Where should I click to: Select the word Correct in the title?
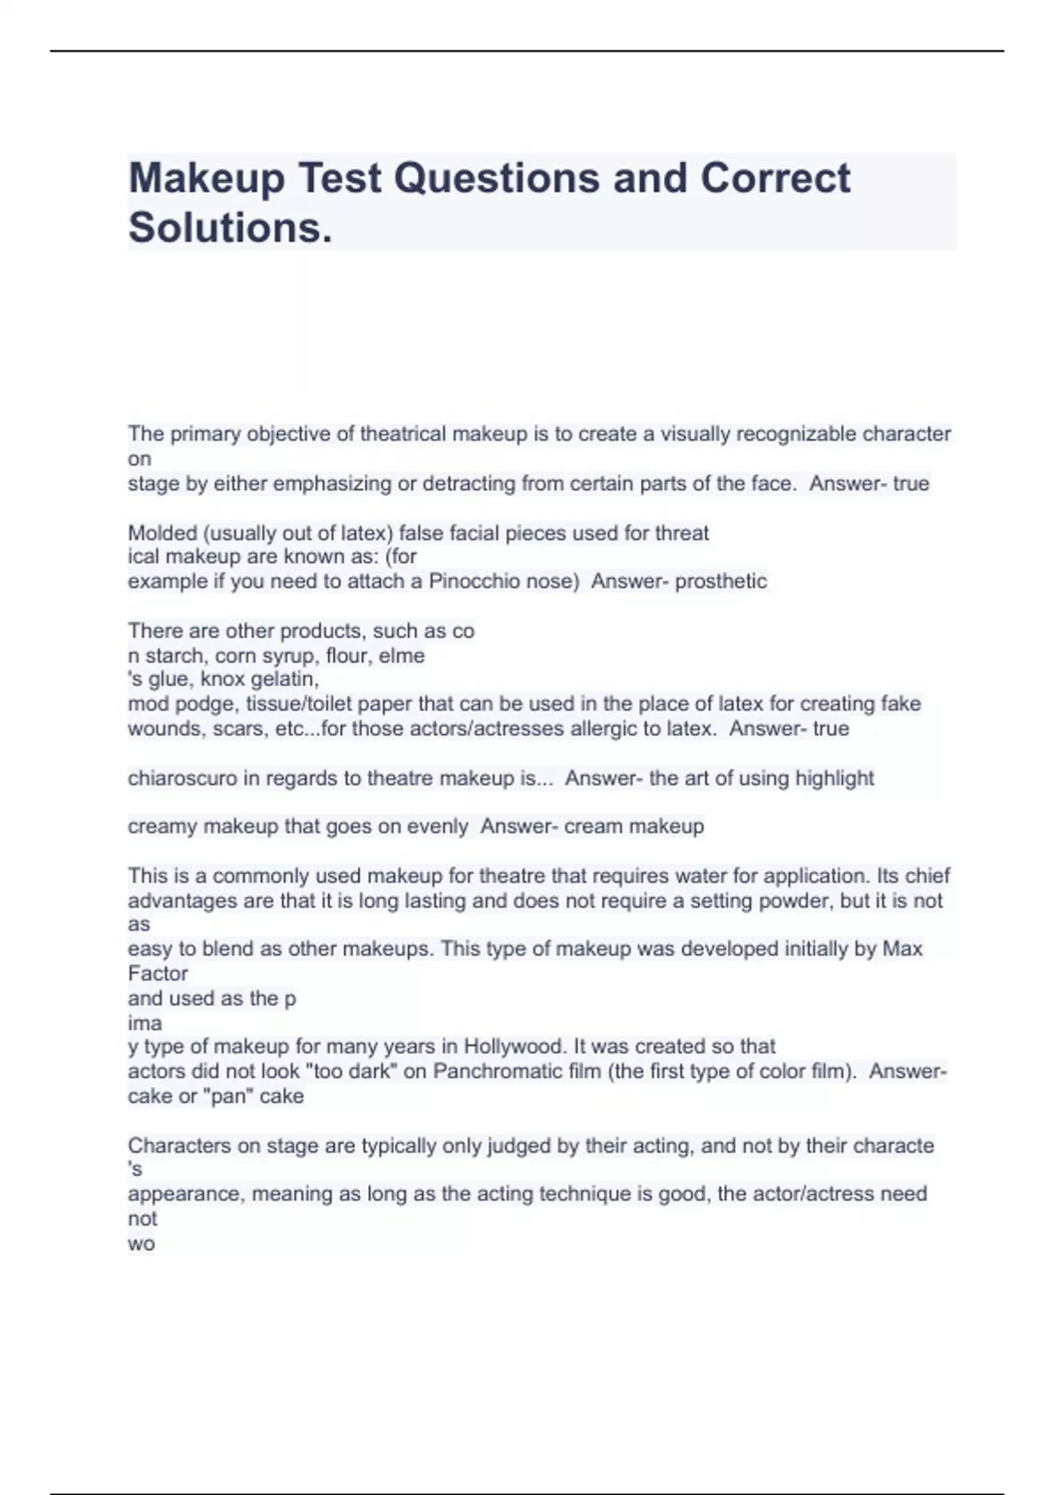pos(775,178)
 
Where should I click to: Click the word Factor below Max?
pos(158,974)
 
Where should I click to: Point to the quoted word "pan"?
pos(227,1097)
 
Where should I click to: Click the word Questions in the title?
pos(496,179)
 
